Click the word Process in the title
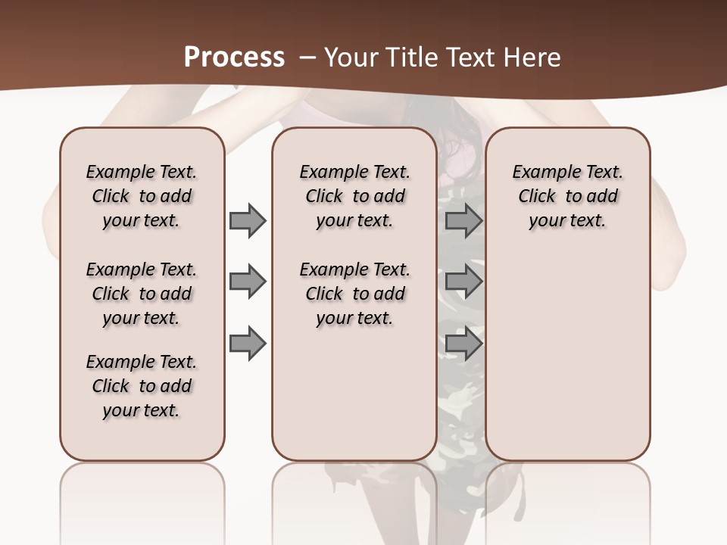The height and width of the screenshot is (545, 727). tap(234, 58)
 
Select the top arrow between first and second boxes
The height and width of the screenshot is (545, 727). tap(247, 220)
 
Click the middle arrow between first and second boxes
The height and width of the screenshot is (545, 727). tap(247, 282)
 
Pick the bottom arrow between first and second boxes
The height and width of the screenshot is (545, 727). tap(247, 344)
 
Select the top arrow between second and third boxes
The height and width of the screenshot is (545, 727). tap(463, 220)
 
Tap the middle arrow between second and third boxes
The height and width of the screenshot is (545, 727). tap(463, 282)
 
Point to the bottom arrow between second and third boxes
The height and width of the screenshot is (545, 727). tap(463, 344)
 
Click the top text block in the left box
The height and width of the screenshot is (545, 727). tap(142, 196)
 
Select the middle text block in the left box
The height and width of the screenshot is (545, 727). tap(142, 294)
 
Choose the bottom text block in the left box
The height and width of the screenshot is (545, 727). tap(142, 386)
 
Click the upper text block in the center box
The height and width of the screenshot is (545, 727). tap(354, 196)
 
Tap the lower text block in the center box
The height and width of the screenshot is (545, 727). tap(354, 294)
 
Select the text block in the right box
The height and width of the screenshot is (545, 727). tap(567, 196)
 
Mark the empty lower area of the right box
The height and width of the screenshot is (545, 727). tap(567, 356)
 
